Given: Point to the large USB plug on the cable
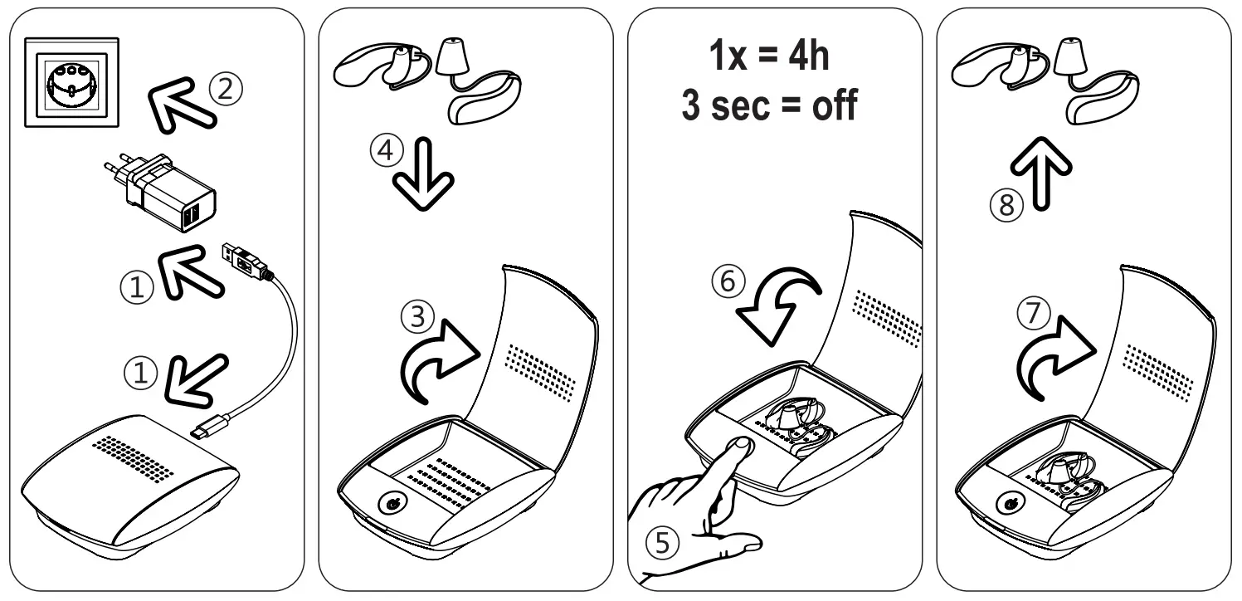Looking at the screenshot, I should (240, 258).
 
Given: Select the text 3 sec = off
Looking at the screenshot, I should (767, 105).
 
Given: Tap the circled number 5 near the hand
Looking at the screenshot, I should (666, 544).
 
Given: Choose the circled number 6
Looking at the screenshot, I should (724, 281).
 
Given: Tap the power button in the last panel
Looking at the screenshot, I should (1011, 503).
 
